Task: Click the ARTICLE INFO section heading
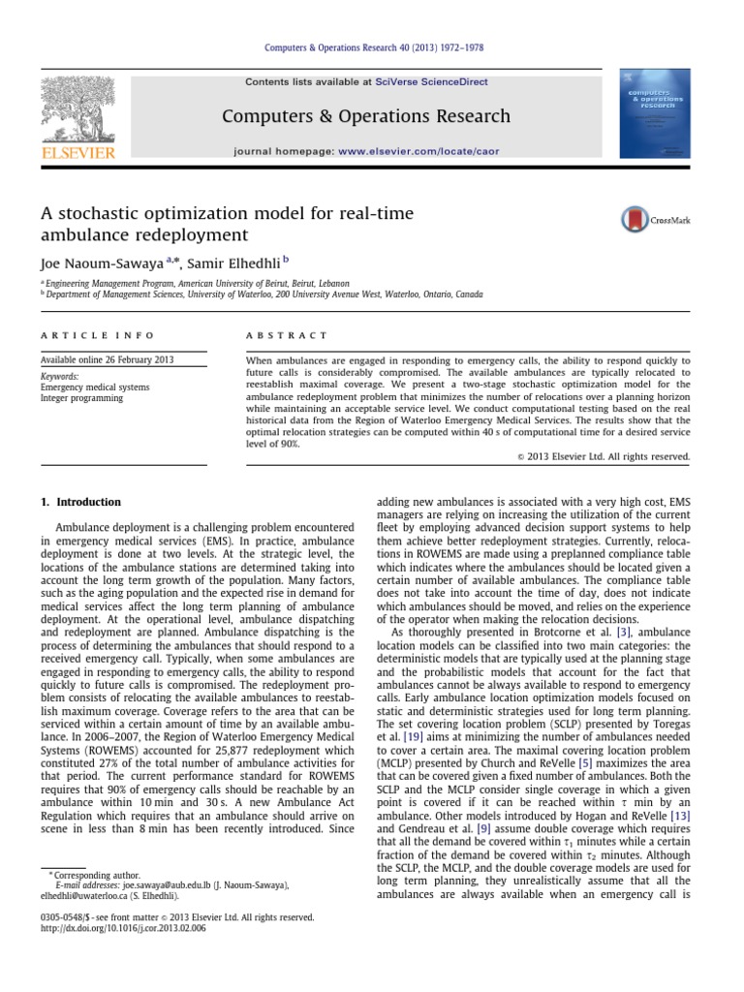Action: (97, 335)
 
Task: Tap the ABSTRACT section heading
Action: (288, 335)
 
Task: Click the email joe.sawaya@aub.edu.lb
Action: (158, 885)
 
